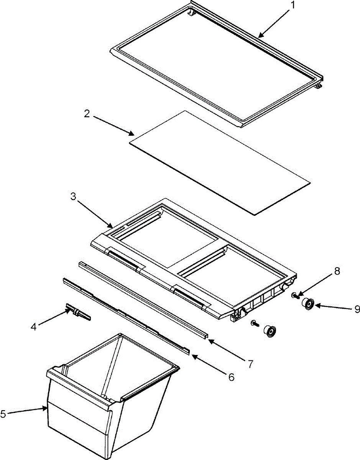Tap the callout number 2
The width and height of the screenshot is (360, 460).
[87, 114]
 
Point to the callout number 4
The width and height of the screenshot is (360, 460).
[34, 327]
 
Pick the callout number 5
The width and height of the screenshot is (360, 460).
[3, 414]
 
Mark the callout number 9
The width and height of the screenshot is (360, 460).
[356, 308]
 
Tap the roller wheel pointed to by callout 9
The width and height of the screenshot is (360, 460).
[307, 304]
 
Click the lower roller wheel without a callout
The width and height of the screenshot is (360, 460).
[270, 330]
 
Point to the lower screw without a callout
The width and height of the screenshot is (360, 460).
[255, 324]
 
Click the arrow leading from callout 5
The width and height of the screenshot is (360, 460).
[27, 411]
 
